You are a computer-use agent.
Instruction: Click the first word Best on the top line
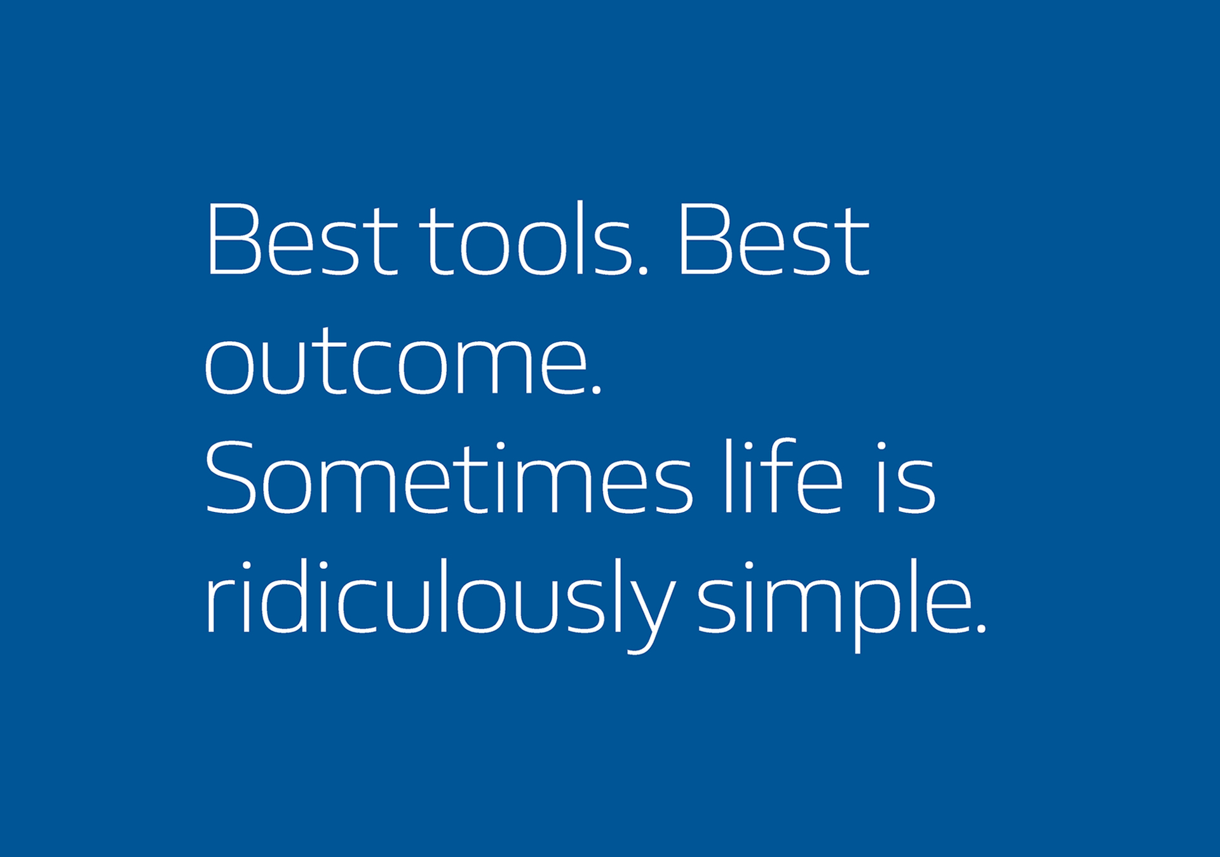302,240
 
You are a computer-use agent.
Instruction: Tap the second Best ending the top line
773,240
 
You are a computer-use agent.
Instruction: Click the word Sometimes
449,476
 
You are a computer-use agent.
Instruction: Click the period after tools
642,270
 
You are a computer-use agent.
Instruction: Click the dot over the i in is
883,446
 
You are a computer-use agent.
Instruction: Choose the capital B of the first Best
233,240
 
